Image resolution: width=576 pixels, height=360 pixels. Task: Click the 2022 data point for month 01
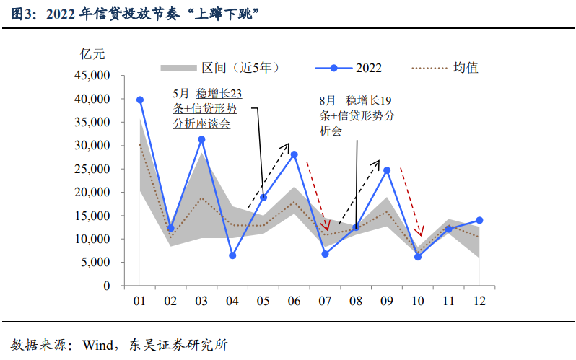pos(140,100)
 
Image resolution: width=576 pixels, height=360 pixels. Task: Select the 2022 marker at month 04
pos(232,255)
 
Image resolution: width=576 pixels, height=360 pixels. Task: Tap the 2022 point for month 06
pos(294,154)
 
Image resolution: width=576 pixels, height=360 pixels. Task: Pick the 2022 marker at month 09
pos(387,170)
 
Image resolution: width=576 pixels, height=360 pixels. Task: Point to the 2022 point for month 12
pos(479,220)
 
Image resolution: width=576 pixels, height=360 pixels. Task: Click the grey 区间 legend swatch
pos(178,68)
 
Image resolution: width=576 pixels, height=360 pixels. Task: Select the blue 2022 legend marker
pos(333,68)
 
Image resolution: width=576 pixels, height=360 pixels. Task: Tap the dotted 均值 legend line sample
pos(429,68)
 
